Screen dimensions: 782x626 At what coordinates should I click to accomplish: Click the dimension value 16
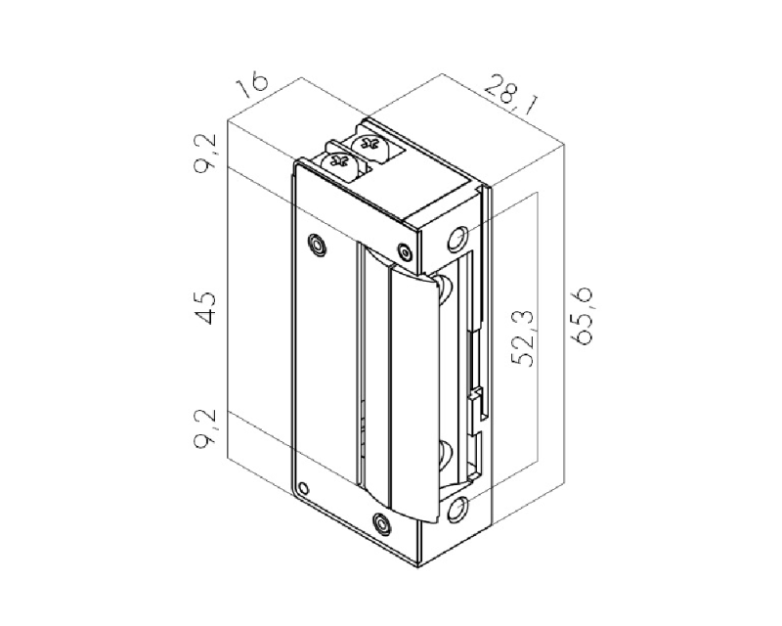pyautogui.click(x=253, y=85)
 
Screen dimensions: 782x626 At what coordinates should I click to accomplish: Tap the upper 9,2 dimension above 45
pyautogui.click(x=206, y=154)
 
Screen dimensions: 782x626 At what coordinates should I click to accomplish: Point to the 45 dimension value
pyautogui.click(x=205, y=308)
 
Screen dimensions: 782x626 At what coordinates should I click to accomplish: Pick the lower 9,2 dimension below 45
pyautogui.click(x=206, y=428)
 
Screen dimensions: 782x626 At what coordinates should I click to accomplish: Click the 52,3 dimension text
pyautogui.click(x=523, y=338)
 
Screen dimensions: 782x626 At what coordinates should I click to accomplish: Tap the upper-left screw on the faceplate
pyautogui.click(x=317, y=245)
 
